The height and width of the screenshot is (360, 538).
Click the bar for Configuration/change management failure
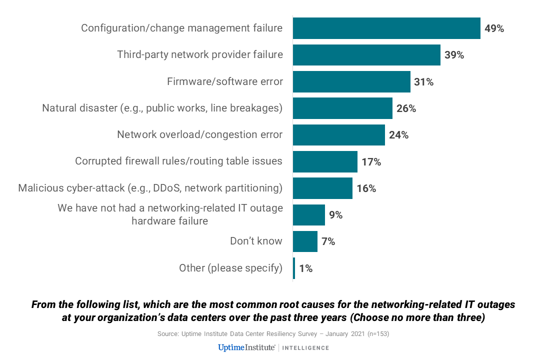point(386,28)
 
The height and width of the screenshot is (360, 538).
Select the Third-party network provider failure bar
point(366,55)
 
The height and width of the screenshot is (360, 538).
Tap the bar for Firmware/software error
point(351,82)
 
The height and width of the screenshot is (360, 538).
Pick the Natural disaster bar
point(342,108)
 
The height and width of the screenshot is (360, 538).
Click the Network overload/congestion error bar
point(338,135)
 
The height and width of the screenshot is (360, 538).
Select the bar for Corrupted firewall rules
point(325,162)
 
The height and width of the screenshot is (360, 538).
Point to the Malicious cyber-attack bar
point(322,188)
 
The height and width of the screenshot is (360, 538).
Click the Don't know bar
point(305,241)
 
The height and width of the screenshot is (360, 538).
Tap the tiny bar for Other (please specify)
point(294,268)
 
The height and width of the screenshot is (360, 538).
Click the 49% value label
point(494,28)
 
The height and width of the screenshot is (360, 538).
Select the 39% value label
point(454,55)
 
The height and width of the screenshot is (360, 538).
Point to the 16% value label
point(366,188)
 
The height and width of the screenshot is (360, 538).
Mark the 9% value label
point(335,215)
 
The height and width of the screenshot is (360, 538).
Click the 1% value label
point(305,268)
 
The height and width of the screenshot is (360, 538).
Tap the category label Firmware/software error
point(225,81)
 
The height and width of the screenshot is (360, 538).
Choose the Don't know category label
point(256,241)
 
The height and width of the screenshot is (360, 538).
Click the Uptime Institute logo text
point(247,347)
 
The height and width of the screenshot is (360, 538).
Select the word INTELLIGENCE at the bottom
point(306,348)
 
